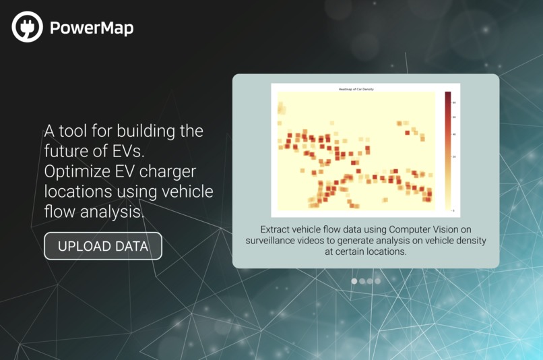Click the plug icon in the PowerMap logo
[27, 27]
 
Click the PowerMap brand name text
[91, 28]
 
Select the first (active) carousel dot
[354, 280]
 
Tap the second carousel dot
[362, 280]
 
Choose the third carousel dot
[370, 280]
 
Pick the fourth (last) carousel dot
[377, 280]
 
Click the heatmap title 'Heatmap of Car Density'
[356, 89]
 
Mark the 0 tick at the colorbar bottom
[453, 210]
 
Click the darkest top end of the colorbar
[448, 94]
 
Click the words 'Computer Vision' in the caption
[426, 229]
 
